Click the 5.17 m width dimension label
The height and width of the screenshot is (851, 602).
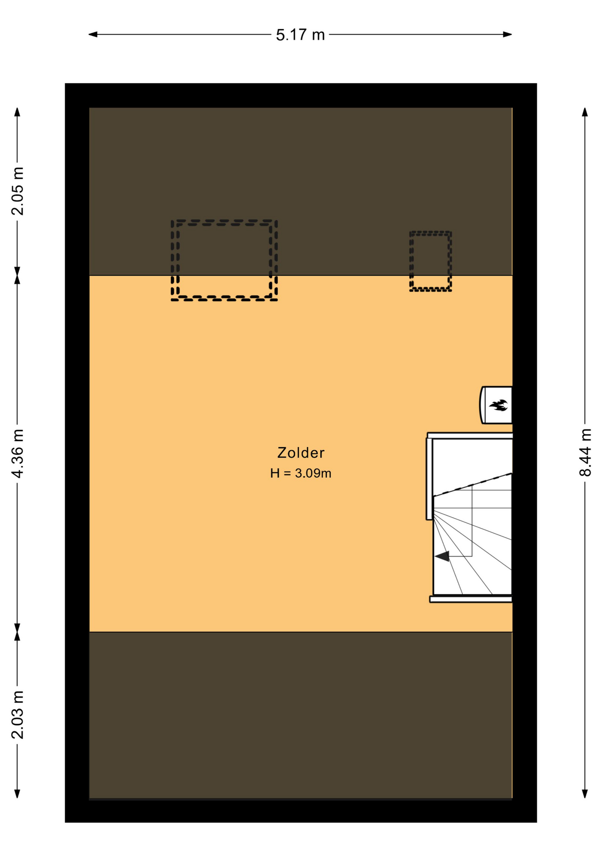click(300, 35)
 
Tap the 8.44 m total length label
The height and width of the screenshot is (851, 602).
click(585, 452)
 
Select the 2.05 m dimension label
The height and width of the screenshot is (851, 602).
click(18, 191)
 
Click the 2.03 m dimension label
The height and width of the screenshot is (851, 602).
click(18, 715)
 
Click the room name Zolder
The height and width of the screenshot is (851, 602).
click(301, 453)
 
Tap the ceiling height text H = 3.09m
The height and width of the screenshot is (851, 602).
click(301, 473)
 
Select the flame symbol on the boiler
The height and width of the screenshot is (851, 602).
click(498, 405)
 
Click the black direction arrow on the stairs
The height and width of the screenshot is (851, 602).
click(442, 556)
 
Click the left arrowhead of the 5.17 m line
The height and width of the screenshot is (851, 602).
click(93, 35)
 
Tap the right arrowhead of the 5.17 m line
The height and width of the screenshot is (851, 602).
click(508, 35)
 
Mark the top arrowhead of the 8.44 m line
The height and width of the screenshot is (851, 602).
click(585, 112)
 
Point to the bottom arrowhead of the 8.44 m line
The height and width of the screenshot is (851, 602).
click(585, 794)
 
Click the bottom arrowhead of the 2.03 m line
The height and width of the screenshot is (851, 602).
click(17, 794)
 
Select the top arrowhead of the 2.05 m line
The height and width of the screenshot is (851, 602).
click(17, 112)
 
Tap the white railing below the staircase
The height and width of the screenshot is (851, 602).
click(471, 599)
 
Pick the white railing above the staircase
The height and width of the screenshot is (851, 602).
click(470, 436)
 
